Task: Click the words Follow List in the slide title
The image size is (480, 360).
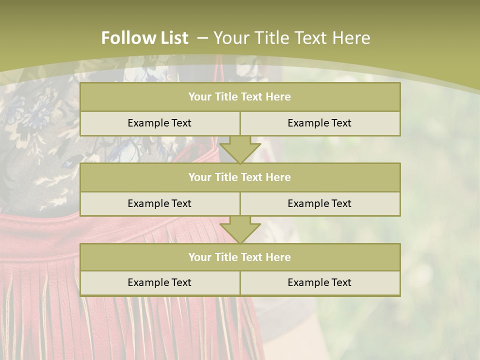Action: click(144, 38)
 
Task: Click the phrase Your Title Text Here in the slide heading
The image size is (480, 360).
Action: click(292, 38)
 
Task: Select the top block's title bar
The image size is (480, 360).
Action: click(240, 97)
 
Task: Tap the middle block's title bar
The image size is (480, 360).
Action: click(240, 177)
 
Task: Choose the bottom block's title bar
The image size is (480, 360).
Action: click(240, 257)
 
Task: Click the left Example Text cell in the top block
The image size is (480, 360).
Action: click(159, 123)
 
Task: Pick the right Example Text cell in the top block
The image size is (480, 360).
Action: click(319, 123)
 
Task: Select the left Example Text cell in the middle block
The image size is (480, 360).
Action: click(159, 203)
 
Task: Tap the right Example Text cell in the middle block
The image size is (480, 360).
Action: click(319, 203)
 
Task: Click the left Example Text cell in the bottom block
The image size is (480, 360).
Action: click(159, 282)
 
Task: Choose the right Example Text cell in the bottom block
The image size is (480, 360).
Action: click(319, 282)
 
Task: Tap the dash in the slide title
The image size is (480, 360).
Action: click(202, 38)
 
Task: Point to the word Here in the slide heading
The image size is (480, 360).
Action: click(353, 38)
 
